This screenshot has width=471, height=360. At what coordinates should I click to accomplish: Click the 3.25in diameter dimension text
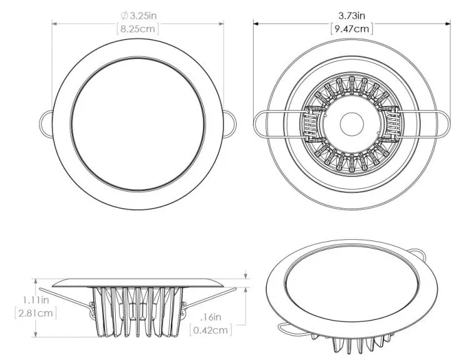pos(143,16)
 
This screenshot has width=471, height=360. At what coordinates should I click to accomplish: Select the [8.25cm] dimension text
pos(138,29)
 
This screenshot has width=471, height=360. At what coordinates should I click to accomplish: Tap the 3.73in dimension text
pos(352,15)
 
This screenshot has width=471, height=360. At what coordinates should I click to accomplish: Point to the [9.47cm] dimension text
pos(352,29)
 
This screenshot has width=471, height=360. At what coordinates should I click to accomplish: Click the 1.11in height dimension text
pos(36,300)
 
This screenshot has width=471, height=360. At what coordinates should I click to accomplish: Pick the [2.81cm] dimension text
pos(36,314)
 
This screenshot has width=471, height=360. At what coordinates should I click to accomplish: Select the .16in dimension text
pos(211,317)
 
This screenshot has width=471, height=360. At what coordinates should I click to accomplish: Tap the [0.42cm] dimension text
pos(211,331)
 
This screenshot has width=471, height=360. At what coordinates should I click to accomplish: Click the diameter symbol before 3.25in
pos(125,16)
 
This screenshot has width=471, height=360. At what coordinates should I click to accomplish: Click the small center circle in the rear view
pos(352,124)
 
